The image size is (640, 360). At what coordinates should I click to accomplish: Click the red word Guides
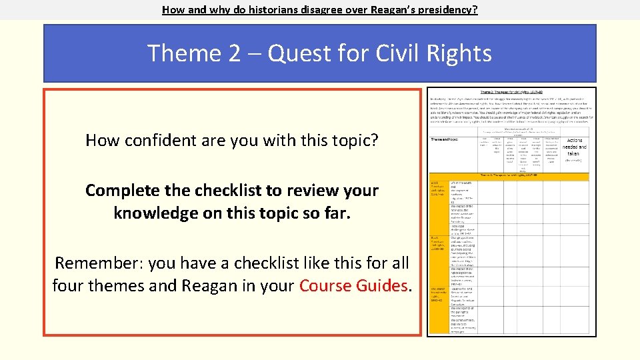click(x=386, y=286)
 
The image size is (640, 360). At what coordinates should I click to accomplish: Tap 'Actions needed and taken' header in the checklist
click(x=574, y=147)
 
